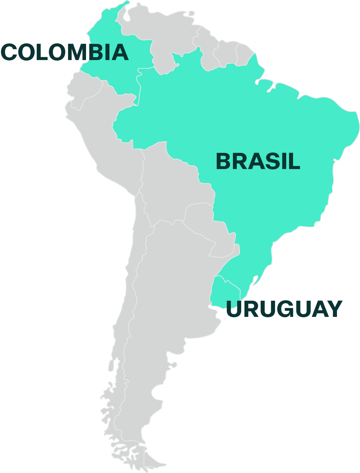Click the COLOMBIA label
[65, 52]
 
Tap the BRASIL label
[258, 161]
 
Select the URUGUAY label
[284, 309]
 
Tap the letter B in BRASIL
[223, 161]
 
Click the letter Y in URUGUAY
[334, 309]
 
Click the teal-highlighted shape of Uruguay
[225, 291]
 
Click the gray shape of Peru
[104, 144]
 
